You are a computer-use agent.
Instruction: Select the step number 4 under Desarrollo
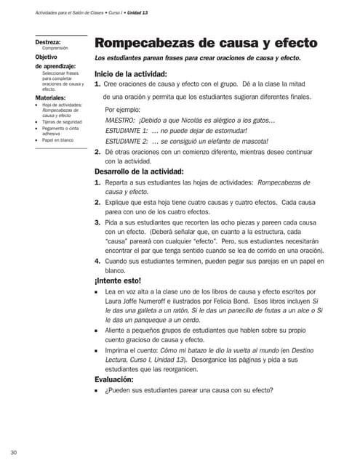(x=97, y=259)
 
